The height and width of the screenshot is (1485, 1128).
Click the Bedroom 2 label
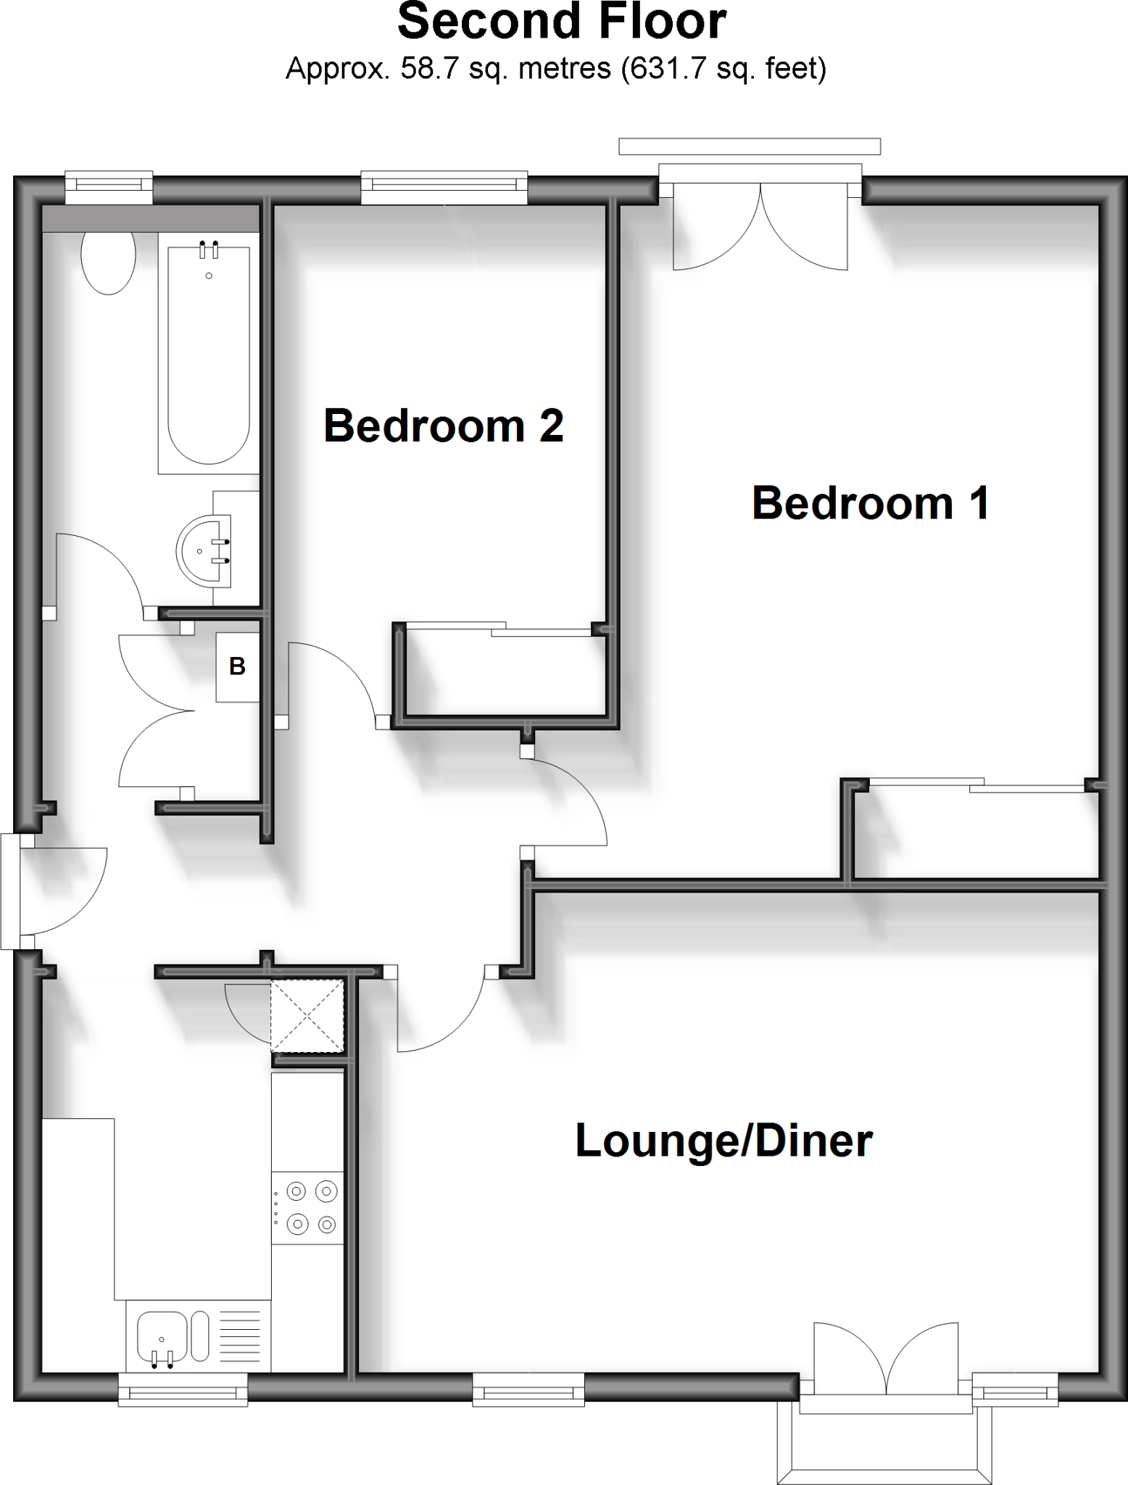[443, 426]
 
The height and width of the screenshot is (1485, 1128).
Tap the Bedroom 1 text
[871, 503]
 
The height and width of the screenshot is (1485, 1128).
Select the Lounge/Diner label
[723, 1141]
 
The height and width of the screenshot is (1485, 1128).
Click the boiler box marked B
[237, 666]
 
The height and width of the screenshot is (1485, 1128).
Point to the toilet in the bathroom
[108, 261]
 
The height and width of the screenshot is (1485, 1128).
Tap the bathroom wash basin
[202, 551]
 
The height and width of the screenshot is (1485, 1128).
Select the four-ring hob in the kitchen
[307, 1207]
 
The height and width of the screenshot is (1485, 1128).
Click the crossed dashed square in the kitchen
[307, 1015]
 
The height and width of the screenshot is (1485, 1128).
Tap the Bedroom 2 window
[444, 189]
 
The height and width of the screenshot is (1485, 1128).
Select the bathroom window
[109, 188]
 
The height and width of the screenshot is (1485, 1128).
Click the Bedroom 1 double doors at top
[760, 225]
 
